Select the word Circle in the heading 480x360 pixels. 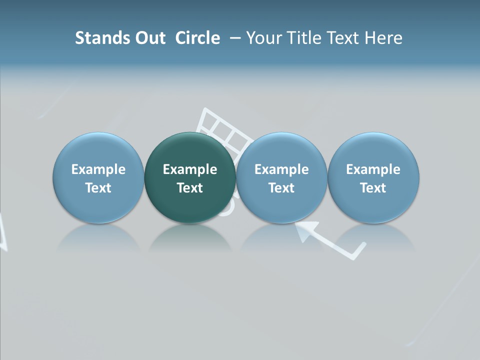click(197, 38)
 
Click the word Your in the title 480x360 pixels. click(264, 38)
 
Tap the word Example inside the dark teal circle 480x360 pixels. click(190, 169)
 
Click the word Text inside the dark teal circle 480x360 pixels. click(190, 188)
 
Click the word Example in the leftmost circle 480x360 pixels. click(98, 169)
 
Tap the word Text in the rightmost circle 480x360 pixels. click(373, 188)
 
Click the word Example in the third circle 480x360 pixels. click(281, 169)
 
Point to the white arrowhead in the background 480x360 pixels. click(306, 230)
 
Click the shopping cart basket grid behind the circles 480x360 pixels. click(225, 127)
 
